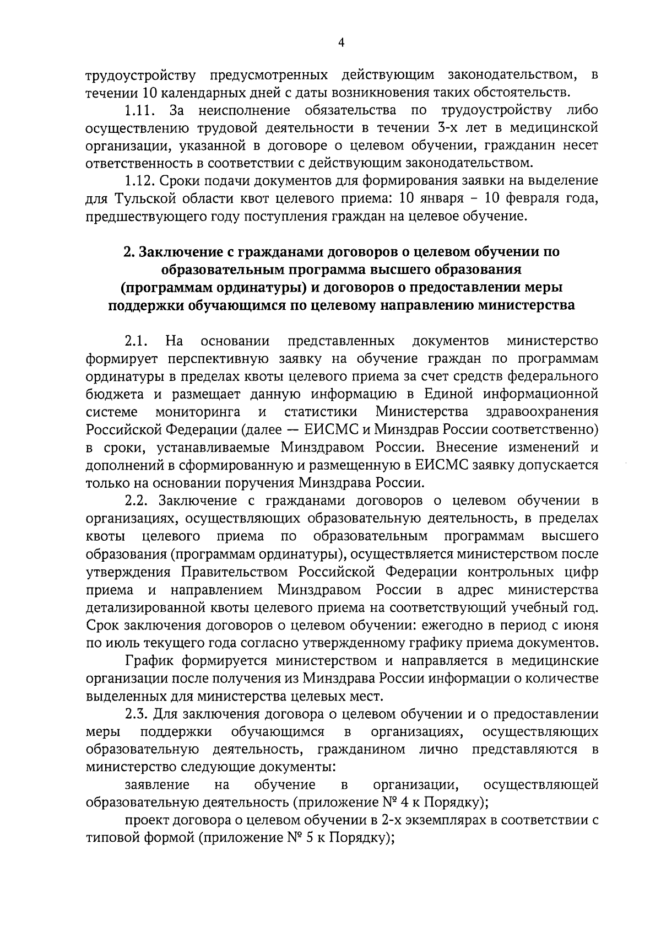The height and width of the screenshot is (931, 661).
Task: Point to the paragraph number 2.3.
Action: [x=138, y=714]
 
